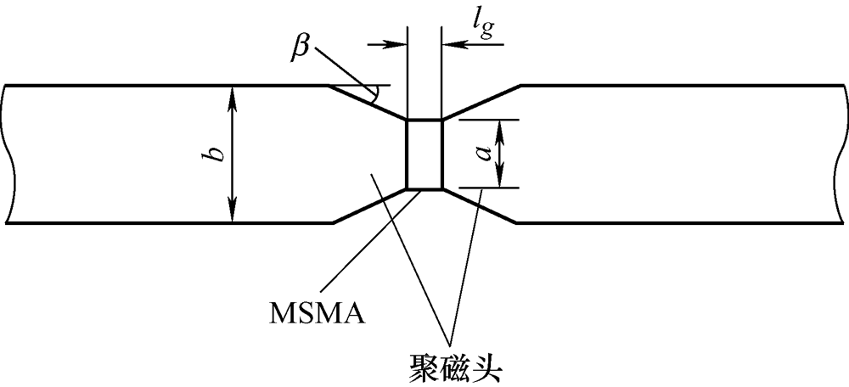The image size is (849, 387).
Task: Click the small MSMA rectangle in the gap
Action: (424, 154)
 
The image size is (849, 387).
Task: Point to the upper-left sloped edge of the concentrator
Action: (367, 102)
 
